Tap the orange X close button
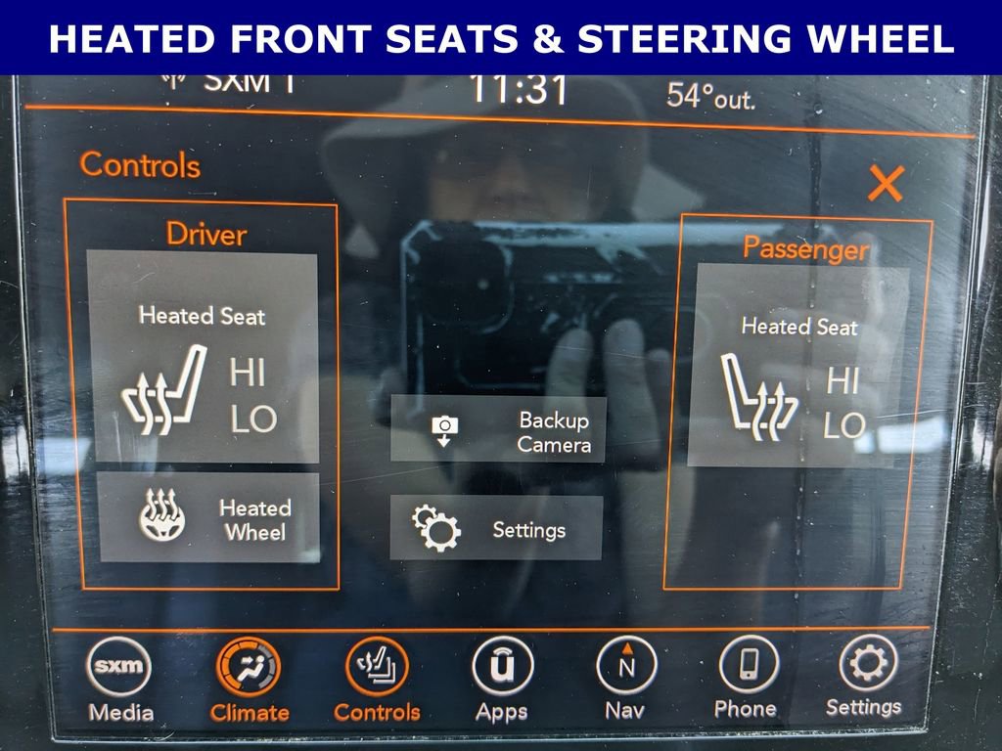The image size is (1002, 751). click(886, 184)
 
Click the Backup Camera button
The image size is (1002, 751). click(498, 429)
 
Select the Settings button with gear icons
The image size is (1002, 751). click(496, 528)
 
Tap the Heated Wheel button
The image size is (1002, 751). click(209, 517)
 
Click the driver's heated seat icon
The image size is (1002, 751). click(164, 389)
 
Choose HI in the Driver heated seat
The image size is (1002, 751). click(248, 372)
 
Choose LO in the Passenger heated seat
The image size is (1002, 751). click(844, 424)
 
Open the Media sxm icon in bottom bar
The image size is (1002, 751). click(118, 666)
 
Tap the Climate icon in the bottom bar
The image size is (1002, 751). click(248, 668)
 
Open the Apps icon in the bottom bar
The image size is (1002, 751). click(503, 666)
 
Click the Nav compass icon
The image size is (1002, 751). click(626, 665)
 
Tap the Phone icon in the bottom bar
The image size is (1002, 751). click(749, 664)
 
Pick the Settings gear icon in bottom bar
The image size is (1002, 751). click(869, 663)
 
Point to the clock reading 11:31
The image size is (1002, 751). click(519, 89)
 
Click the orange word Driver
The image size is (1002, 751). click(206, 235)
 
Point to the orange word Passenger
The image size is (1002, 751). click(806, 248)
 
